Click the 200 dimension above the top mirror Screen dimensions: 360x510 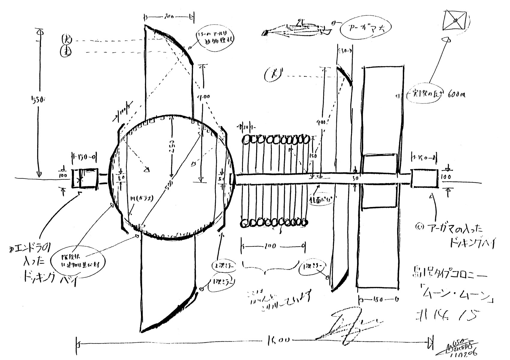tap(169, 17)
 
